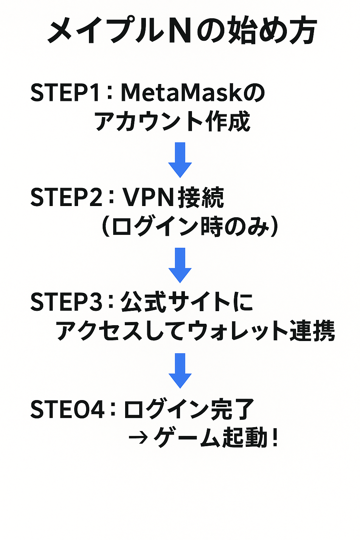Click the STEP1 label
pos(65,93)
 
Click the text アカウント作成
pos(172,122)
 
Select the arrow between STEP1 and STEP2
pos(180,160)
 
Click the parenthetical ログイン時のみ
pos(190,227)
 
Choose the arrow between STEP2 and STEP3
pos(180,265)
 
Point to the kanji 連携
pos(312,331)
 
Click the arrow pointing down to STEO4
pos(180,370)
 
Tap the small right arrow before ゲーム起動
pos(137,438)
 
